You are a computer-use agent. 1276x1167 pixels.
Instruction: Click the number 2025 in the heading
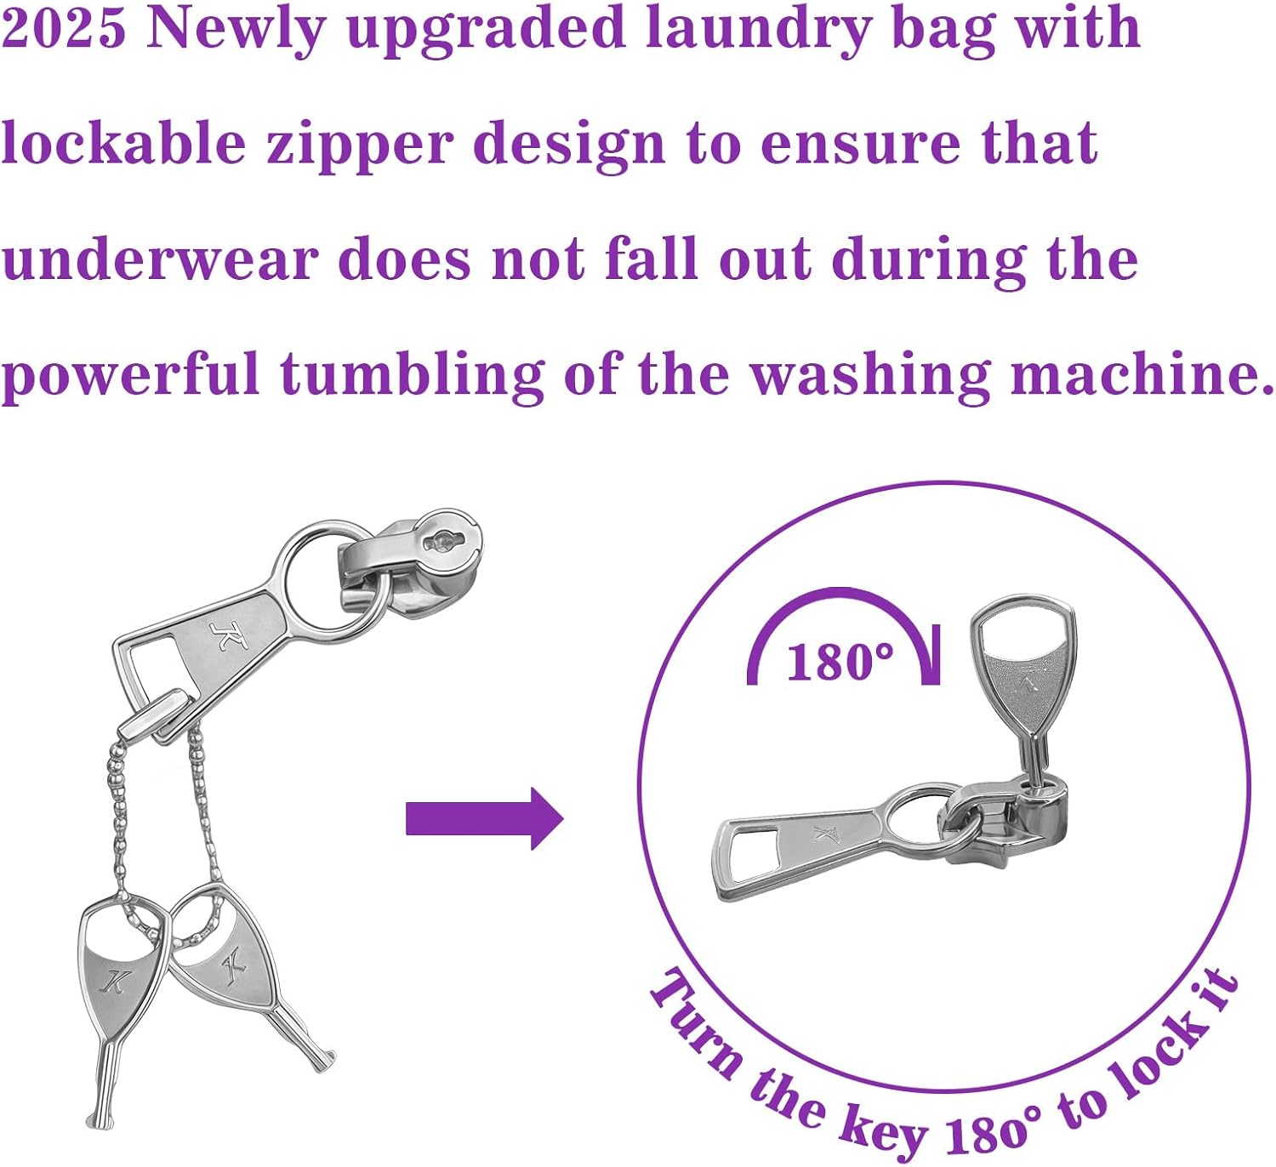64,27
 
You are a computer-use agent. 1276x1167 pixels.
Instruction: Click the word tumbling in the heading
412,374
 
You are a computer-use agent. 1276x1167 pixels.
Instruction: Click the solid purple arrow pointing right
484,818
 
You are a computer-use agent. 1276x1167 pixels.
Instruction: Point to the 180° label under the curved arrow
840,663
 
